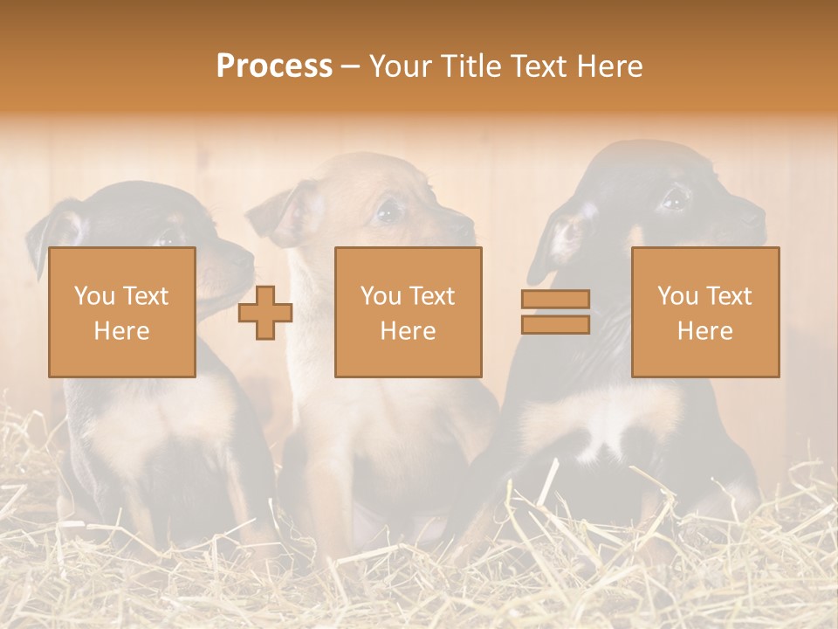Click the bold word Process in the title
pos(274,66)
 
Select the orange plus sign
pos(265,313)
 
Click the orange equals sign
pos(555,312)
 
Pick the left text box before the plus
pos(122,313)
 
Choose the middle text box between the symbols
pos(409,313)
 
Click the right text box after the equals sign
pos(705,313)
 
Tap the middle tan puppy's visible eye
pos(388,211)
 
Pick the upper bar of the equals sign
pos(555,300)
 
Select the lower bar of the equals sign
pos(555,324)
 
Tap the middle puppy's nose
pos(470,229)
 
